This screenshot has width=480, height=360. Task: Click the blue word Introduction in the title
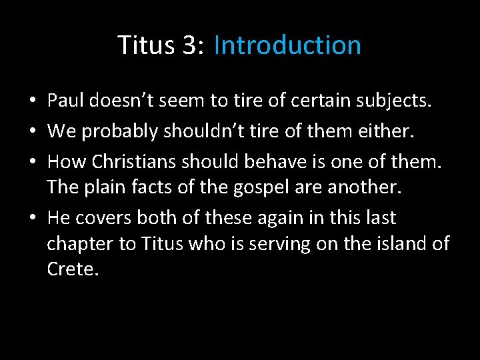(x=287, y=45)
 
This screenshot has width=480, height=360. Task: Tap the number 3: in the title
(x=187, y=45)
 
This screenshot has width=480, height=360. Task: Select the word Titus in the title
(x=143, y=45)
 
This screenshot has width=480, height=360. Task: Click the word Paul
(x=64, y=101)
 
